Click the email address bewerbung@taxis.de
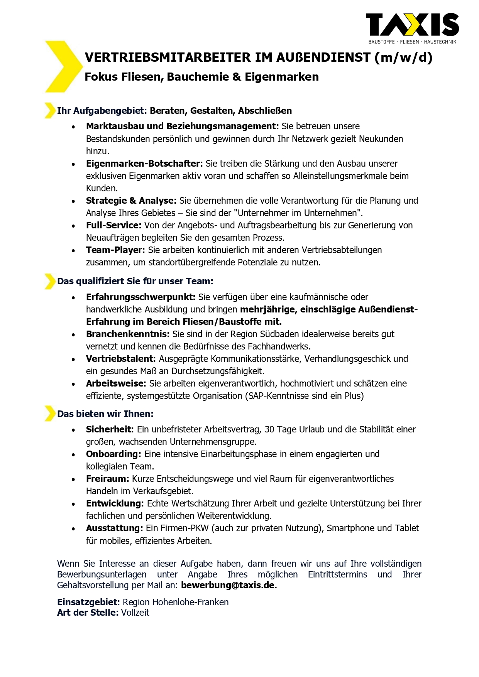pos(228,585)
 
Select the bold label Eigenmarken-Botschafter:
pos(144,164)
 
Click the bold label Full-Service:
pos(113,225)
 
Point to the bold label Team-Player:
pos(115,250)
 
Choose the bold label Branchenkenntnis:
pos(127,334)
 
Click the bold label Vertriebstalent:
pos(121,359)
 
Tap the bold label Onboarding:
pos(113,454)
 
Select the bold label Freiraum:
pos(107,479)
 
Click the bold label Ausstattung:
pos(114,528)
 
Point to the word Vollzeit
pos(135,613)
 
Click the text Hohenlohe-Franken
pos(190,602)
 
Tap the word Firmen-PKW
pos(185,528)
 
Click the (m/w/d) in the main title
pos(403,57)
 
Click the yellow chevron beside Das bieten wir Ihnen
pos(50,414)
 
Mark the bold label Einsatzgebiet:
pos(88,602)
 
